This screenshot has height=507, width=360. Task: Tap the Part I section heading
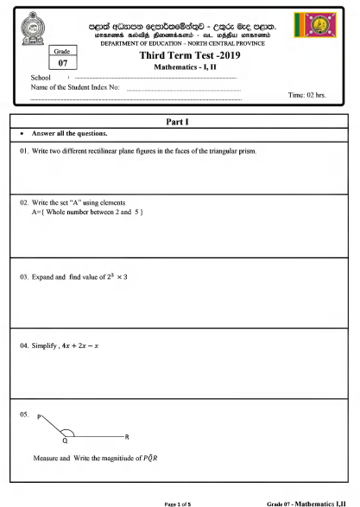(180, 123)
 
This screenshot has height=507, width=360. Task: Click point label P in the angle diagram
(40, 417)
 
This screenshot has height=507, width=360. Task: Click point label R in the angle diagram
(126, 437)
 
